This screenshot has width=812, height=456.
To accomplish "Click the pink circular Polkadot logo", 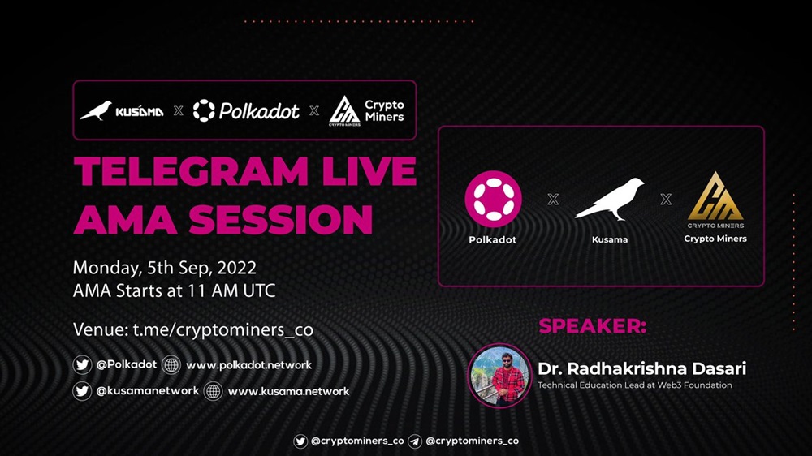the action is click(x=493, y=199).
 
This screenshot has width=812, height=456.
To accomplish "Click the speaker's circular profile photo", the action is click(x=499, y=376).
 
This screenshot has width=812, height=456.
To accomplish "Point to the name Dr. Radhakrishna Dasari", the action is click(x=641, y=368).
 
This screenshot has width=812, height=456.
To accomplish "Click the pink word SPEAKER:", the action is click(x=593, y=326).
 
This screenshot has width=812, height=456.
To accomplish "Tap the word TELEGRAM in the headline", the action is click(x=192, y=171).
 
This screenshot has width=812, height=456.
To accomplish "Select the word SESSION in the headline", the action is click(x=281, y=219).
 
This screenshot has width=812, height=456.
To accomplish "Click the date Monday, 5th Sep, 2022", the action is click(x=165, y=268).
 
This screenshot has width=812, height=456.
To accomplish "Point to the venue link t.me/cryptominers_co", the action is click(x=223, y=329).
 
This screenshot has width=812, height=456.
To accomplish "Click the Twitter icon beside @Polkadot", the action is click(x=82, y=365).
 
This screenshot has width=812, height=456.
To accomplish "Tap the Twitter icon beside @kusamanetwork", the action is click(x=82, y=391).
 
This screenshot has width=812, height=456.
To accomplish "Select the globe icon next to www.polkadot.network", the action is click(x=171, y=365).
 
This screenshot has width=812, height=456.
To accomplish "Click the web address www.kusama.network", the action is click(x=288, y=391).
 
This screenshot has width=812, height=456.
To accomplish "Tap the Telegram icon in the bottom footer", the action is click(x=414, y=441).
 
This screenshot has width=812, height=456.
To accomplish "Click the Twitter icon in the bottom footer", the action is click(x=300, y=441).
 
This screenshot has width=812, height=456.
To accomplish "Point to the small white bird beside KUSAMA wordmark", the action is click(x=97, y=110).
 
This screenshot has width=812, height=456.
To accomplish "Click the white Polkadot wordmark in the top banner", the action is click(x=259, y=111).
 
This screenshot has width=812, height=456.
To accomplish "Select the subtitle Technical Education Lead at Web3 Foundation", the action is click(x=635, y=385).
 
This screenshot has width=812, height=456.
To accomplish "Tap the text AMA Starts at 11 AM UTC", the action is click(x=174, y=291).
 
